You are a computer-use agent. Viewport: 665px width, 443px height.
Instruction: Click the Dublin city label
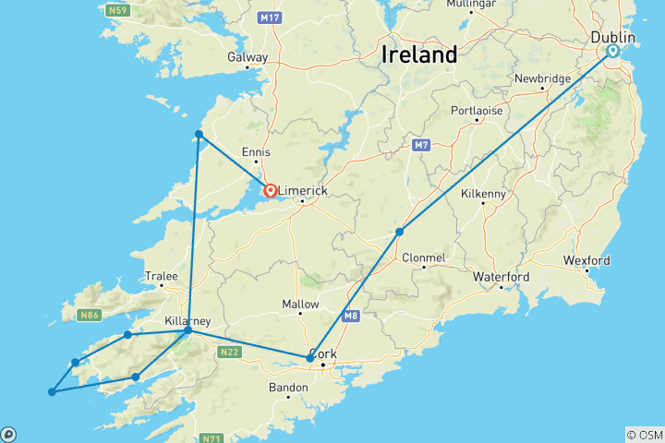pos(612,36)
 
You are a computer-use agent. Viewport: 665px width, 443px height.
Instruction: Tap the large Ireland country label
pos(419,54)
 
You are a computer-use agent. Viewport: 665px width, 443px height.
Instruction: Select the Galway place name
pos(248,57)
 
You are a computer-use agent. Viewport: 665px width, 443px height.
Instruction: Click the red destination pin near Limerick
pos(271,191)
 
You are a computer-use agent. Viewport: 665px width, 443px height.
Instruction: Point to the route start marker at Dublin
pos(612,52)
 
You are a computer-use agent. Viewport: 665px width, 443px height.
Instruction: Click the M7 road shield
pos(421,146)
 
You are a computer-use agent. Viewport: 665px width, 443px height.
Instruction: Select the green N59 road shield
pos(116,11)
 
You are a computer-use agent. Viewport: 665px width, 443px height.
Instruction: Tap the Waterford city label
pos(501,277)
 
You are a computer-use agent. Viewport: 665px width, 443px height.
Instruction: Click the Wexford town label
pos(586,261)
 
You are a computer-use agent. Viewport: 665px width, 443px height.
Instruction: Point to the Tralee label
pos(161,276)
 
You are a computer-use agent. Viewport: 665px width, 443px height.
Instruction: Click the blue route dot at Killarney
pos(187,329)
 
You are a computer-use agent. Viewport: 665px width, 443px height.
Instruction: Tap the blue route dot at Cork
pos(309,358)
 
